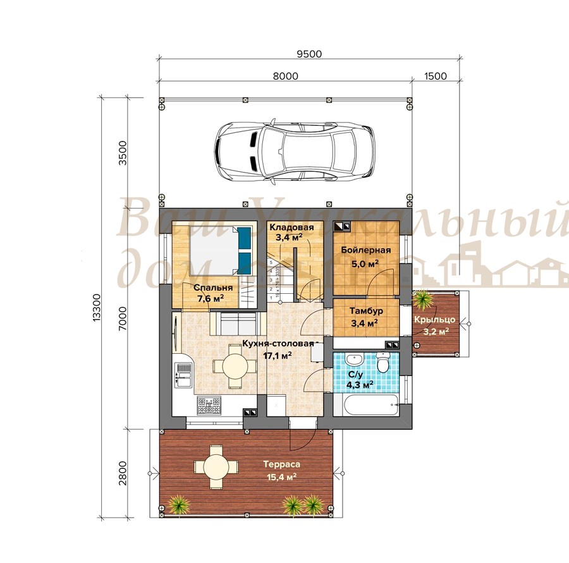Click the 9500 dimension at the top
pyautogui.click(x=309, y=54)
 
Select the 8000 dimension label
pyautogui.click(x=286, y=76)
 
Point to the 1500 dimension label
pyautogui.click(x=435, y=76)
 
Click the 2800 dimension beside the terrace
pyautogui.click(x=123, y=473)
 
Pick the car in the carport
pyautogui.click(x=294, y=150)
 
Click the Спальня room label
pyautogui.click(x=213, y=288)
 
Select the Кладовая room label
pyautogui.click(x=291, y=227)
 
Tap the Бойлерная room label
pyautogui.click(x=366, y=250)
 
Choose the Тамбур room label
pyautogui.click(x=366, y=311)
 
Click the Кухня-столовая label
pyautogui.click(x=278, y=344)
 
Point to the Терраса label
pyautogui.click(x=281, y=464)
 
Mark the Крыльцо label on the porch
pyautogui.click(x=434, y=320)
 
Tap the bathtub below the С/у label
pyautogui.click(x=366, y=405)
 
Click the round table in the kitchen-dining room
pyautogui.click(x=235, y=366)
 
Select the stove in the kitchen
pyautogui.click(x=209, y=405)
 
